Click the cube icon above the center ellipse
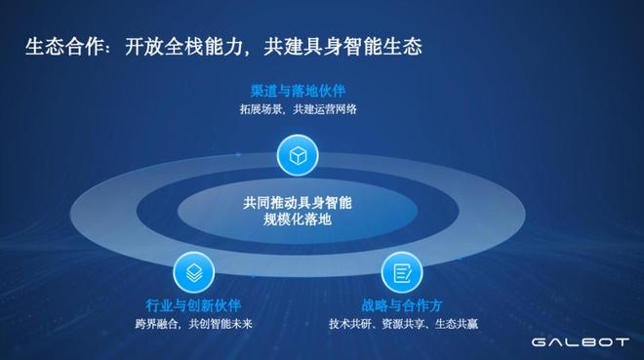tap(298, 154)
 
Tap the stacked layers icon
tap(193, 269)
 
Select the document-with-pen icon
tap(400, 269)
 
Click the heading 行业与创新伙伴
tap(193, 304)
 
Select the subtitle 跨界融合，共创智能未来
tap(193, 323)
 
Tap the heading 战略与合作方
tap(400, 304)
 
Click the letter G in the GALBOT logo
tap(540, 341)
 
